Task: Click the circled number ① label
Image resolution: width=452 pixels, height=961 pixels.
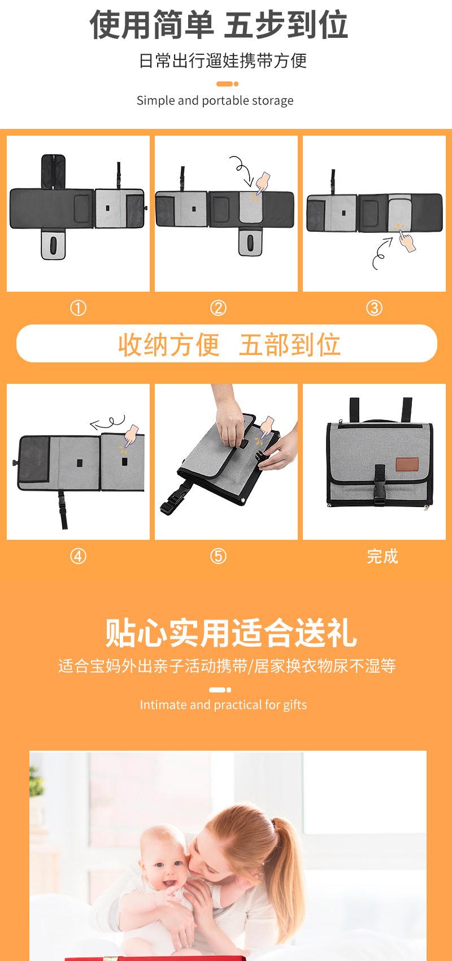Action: click(78, 308)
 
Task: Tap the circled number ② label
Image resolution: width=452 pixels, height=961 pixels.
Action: click(218, 308)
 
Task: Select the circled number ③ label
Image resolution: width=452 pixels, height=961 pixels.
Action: click(375, 308)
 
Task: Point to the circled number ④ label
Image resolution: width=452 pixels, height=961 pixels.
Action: click(78, 556)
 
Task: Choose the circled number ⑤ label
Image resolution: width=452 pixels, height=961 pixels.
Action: click(218, 556)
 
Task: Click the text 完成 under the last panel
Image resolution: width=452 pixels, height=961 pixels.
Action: click(383, 556)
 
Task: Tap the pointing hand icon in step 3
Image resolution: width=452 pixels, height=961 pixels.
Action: click(406, 240)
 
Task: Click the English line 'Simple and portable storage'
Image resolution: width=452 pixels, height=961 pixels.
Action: click(215, 101)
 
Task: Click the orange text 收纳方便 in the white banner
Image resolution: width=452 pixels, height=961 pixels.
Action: click(169, 344)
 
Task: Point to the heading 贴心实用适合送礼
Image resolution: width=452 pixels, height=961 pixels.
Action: click(232, 633)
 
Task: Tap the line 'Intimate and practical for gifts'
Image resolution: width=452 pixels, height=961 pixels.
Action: click(223, 705)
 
